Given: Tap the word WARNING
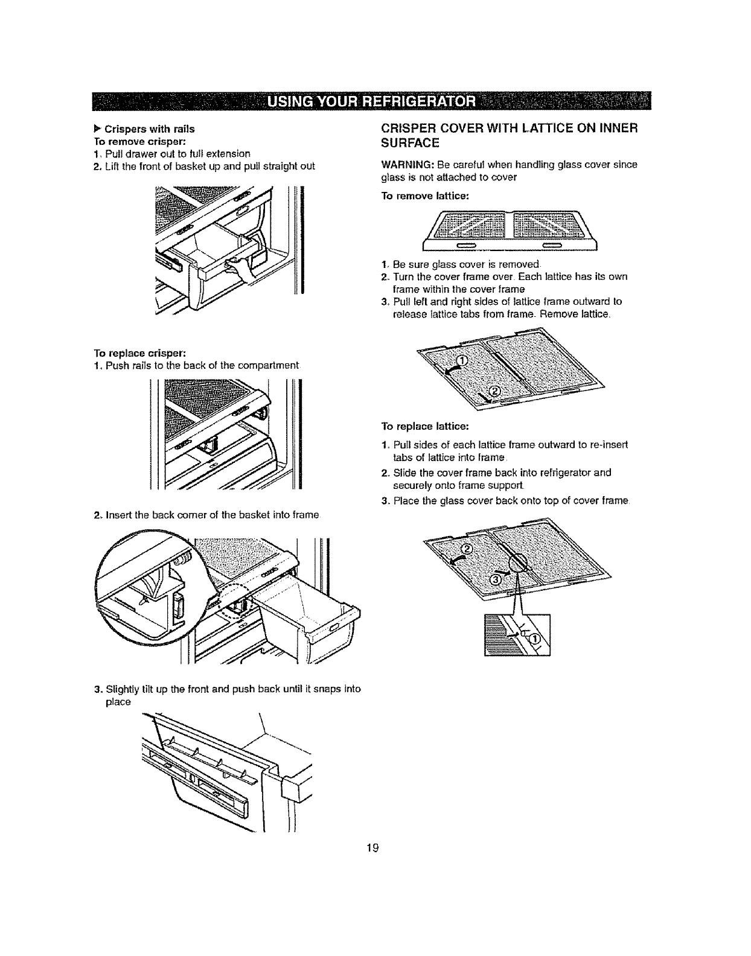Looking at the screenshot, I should [x=400, y=164].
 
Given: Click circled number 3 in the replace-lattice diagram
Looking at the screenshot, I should [x=494, y=579].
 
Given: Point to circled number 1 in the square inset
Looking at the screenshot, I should [x=535, y=638].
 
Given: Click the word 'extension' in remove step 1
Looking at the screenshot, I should [x=212, y=153].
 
